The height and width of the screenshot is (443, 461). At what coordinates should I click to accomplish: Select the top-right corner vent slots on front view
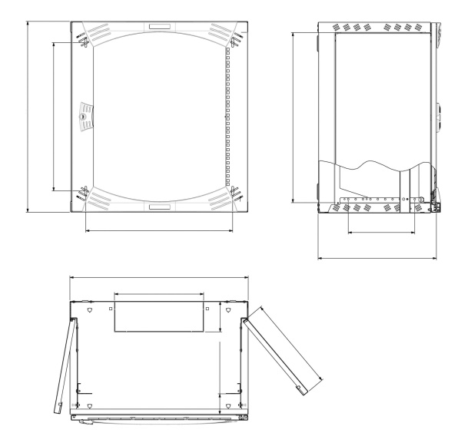(x=219, y=35)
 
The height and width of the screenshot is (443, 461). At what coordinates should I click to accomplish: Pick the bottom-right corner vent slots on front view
(x=219, y=199)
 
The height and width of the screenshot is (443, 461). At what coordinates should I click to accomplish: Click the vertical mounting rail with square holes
(x=227, y=115)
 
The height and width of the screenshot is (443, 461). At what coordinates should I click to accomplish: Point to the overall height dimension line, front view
(x=28, y=115)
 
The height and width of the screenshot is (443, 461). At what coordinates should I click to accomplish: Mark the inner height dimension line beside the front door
(x=53, y=115)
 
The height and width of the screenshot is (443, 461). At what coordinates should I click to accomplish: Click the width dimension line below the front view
(x=158, y=230)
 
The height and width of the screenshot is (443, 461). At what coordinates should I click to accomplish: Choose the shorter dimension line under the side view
(x=382, y=232)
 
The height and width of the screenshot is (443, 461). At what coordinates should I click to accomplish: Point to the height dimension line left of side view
(x=294, y=115)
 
